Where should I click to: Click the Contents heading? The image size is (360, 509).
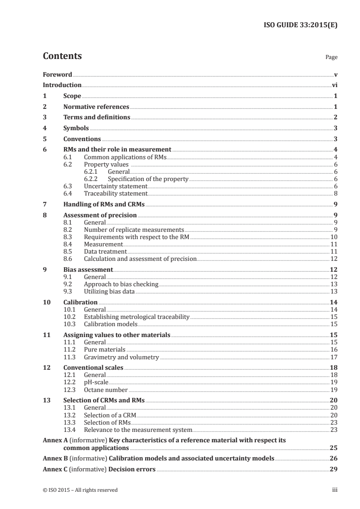pos(62,56)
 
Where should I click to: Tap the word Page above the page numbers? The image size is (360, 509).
pos(331,58)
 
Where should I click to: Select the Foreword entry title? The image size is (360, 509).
pos(57,74)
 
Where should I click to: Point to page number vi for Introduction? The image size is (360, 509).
pos(334,85)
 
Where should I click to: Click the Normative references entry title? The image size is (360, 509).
pos(96,107)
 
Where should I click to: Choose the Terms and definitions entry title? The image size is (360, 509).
pos(97,117)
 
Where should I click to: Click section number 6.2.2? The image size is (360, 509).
pos(93,179)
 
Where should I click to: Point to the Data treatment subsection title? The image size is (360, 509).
pos(105,251)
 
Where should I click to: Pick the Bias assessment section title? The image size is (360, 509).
pos(88,269)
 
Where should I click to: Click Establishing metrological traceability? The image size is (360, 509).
pos(136,317)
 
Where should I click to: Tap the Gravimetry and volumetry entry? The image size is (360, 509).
pos(121,357)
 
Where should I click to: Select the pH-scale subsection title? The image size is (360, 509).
pos(96,382)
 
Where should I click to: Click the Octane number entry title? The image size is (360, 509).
pos(106,390)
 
